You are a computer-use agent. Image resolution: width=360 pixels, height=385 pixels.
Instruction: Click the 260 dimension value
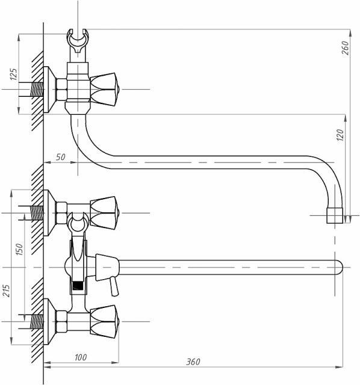[346, 48]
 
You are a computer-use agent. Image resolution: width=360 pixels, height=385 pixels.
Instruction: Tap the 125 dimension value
[14, 74]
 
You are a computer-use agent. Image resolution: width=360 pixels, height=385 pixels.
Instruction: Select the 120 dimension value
[340, 135]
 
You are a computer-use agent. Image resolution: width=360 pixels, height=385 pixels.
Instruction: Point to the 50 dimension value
[60, 157]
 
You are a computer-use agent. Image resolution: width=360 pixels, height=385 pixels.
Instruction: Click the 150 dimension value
[19, 249]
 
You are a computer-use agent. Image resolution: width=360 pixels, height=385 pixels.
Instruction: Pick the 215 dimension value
[7, 291]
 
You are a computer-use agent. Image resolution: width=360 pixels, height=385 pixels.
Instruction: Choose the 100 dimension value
[81, 357]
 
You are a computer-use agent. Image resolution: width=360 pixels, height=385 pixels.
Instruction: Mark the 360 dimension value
[193, 362]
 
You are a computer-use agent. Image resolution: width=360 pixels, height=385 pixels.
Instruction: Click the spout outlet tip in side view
[335, 215]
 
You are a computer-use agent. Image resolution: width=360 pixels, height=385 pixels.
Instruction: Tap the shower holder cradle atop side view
[78, 40]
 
